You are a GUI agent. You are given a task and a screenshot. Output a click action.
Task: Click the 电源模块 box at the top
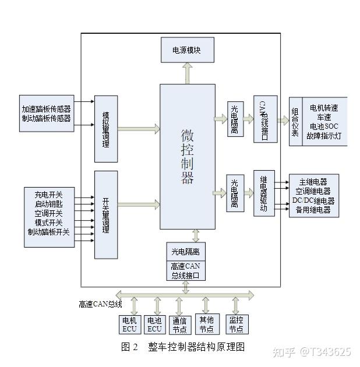pos(187,50)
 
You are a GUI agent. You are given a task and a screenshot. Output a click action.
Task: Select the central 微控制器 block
pos(187,156)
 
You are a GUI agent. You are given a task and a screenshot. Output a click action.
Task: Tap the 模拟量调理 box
pos(106,128)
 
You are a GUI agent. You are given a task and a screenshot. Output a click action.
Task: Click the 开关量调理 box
pos(106,214)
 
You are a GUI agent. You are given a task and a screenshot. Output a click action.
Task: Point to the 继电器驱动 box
pos(264,193)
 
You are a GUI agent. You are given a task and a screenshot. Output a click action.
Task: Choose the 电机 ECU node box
pos(129,324)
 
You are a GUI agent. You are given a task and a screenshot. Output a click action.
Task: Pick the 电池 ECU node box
pos(154,324)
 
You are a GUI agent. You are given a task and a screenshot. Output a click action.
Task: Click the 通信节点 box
pos(179,324)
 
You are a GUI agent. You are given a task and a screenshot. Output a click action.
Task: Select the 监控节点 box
pos(236,324)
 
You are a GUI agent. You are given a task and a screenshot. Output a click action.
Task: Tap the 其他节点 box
pos(207,324)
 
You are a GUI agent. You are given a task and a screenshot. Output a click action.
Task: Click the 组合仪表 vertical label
pos(295,121)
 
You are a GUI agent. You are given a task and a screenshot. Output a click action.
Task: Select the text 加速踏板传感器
pos(46,109)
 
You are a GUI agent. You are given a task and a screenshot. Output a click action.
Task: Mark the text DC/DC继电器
pos(313,200)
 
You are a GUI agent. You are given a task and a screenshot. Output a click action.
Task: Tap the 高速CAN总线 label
pos(100,304)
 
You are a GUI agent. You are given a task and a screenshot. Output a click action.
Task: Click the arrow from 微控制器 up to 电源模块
pos(187,73)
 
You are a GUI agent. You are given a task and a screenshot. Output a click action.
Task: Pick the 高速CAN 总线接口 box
pos(185,271)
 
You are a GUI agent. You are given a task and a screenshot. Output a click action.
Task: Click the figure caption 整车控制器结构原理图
pos(196,347)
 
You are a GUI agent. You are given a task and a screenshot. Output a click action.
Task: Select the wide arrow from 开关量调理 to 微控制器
pos(139,204)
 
